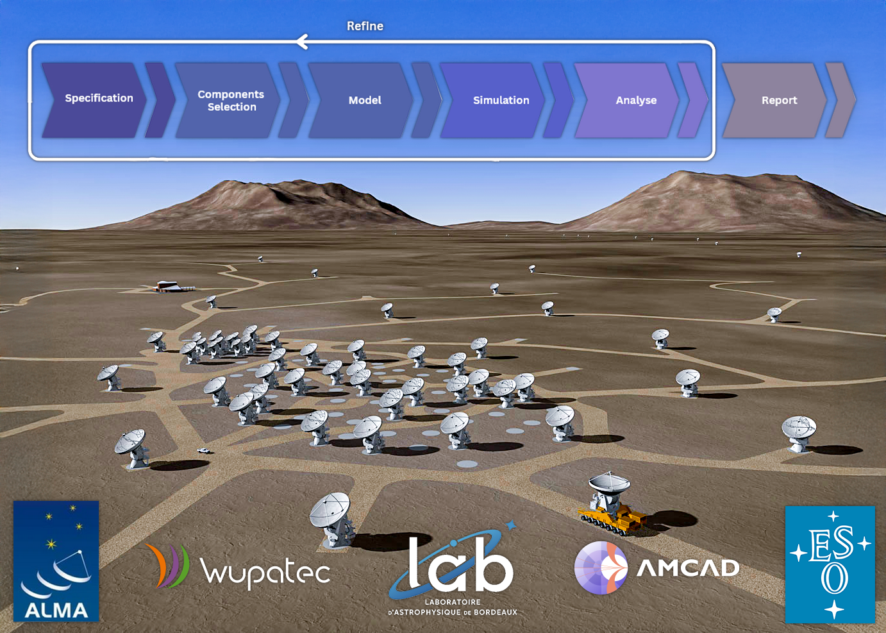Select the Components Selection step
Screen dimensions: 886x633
click(x=229, y=101)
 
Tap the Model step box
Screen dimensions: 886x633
click(x=362, y=101)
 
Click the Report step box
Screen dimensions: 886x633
click(x=774, y=101)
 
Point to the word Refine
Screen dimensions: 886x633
click(x=365, y=26)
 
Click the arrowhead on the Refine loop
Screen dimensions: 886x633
click(x=302, y=42)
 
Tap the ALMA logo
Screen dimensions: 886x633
click(x=56, y=561)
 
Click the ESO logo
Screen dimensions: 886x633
click(x=830, y=564)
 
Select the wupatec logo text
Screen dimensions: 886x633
click(x=265, y=570)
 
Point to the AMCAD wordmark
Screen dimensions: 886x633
click(x=688, y=568)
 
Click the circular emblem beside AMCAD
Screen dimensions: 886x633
click(x=601, y=568)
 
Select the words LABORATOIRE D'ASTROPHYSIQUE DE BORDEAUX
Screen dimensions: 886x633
click(x=453, y=607)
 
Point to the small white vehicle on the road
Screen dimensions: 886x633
click(x=203, y=450)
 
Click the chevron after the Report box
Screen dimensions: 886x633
click(x=840, y=101)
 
